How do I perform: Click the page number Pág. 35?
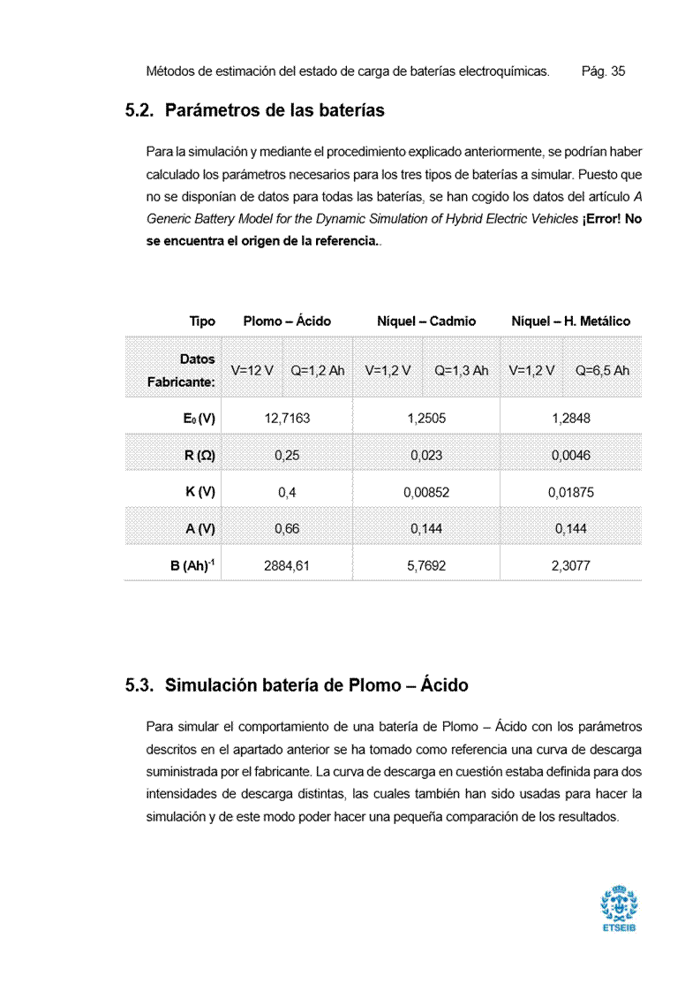[x=603, y=71]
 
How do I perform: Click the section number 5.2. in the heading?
[x=140, y=111]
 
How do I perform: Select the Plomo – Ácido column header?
[x=287, y=322]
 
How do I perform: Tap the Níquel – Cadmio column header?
[x=426, y=322]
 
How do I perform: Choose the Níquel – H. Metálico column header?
[x=570, y=322]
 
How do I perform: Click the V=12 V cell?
[x=252, y=370]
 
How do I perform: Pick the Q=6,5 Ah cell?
[x=602, y=370]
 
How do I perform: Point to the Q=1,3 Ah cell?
[x=461, y=370]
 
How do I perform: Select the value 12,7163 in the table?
[x=287, y=419]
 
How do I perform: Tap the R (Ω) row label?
[x=199, y=456]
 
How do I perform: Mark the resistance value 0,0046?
[x=570, y=456]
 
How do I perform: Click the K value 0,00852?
[x=426, y=493]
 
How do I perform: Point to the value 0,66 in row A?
[x=287, y=529]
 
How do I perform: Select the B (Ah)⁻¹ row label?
[x=192, y=565]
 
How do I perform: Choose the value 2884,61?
[x=287, y=566]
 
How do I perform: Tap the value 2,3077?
[x=570, y=566]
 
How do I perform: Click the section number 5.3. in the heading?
[x=140, y=685]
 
